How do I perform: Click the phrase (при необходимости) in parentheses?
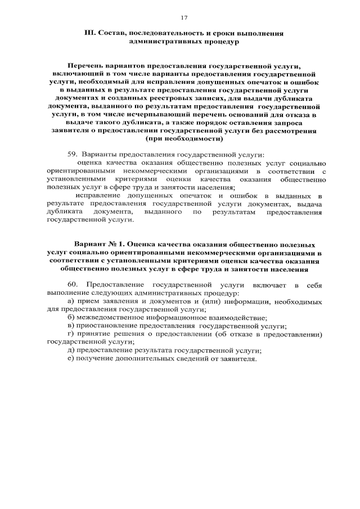pyautogui.click(x=184, y=138)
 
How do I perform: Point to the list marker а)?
pyautogui.click(x=70, y=302)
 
